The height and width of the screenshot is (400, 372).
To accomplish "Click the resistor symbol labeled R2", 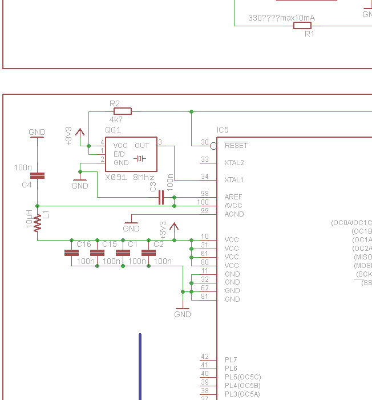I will point(123,111).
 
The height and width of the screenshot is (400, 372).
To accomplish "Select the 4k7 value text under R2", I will point(116,121).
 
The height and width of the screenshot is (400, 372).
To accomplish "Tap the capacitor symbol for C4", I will point(37,176).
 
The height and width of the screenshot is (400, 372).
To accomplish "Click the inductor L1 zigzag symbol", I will point(38,223).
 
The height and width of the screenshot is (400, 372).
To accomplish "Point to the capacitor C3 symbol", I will point(161,197).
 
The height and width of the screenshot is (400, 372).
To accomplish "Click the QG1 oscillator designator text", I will point(113,130).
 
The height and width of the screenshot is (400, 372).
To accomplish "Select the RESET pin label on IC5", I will point(236,146).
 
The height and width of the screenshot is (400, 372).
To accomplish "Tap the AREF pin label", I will point(233,197).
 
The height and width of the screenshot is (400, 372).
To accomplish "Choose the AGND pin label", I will point(234,214).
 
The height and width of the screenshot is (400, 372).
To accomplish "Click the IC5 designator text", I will point(223,130).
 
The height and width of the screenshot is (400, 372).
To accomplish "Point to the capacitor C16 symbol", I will point(71,252).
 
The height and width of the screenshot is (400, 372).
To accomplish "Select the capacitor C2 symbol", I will point(148,252).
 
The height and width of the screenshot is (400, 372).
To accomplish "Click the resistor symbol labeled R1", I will point(302,25).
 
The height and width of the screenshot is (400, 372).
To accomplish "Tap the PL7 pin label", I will point(231,360).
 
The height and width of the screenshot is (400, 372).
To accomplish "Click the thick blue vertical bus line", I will point(140,366).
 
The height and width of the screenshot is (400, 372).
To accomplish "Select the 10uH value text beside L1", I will point(29,219).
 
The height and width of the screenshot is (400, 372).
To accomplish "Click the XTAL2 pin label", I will point(234,163).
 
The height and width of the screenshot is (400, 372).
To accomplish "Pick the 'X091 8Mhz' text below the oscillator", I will point(130,177).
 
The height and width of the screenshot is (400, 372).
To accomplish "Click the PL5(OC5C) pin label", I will point(242,377).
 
